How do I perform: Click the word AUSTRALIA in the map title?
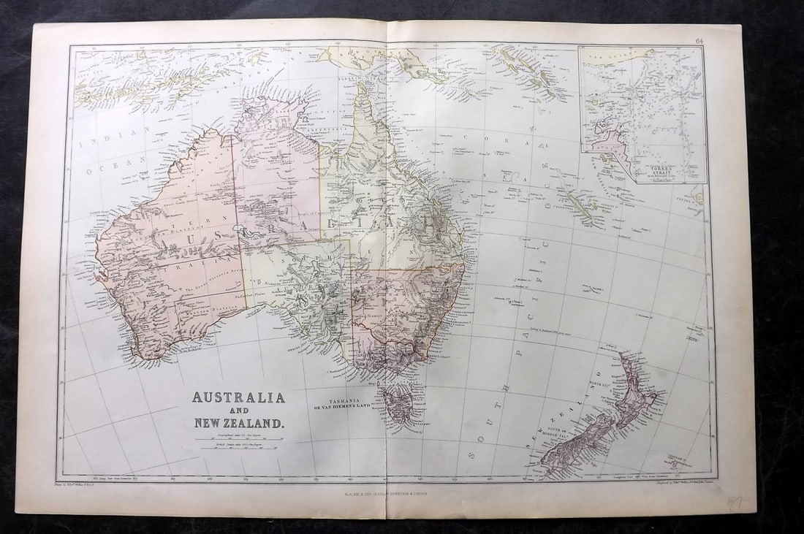238,398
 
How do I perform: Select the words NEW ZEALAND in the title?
238,422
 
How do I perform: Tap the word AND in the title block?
238,410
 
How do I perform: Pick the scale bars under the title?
238,442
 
